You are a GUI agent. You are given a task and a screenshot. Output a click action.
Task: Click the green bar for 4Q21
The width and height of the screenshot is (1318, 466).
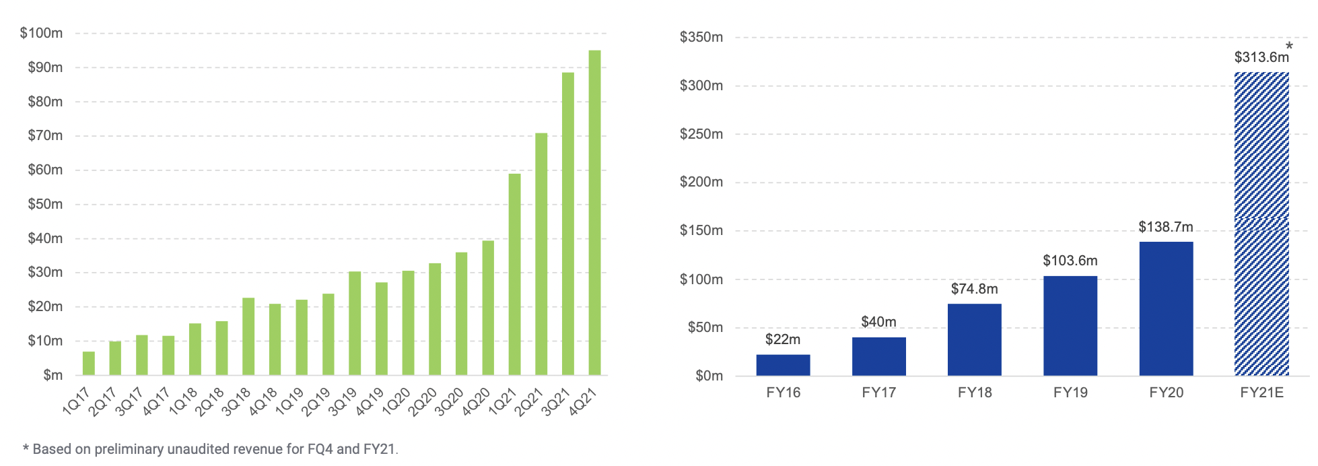tap(594, 212)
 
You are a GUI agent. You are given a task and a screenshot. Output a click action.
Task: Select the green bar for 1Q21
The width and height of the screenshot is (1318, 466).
tap(514, 274)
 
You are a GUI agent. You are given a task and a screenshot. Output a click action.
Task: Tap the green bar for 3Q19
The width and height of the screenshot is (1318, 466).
tap(355, 323)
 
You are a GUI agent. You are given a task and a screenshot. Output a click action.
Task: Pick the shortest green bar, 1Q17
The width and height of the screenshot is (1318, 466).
tap(89, 364)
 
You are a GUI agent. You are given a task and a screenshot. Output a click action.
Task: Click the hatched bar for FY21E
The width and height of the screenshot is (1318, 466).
tap(1261, 224)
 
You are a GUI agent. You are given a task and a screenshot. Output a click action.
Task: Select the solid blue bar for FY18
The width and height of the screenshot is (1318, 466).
tap(974, 339)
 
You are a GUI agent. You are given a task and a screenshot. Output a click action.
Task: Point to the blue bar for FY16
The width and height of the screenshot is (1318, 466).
tap(783, 365)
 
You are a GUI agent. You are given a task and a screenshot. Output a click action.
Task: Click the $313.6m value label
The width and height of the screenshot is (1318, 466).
tap(1261, 57)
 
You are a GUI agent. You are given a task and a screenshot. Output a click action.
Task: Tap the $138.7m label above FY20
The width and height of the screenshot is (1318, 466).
tap(1165, 227)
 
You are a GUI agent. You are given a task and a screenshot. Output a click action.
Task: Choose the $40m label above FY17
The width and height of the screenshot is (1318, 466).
tap(878, 322)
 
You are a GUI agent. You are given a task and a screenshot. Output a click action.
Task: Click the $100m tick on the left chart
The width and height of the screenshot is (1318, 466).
tap(41, 33)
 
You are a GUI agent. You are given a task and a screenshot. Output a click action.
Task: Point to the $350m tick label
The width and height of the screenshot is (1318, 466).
tap(701, 37)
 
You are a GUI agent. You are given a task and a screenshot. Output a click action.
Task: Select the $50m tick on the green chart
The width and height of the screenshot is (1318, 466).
tap(44, 204)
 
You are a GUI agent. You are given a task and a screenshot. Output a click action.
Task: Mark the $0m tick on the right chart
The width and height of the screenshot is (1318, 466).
tap(709, 376)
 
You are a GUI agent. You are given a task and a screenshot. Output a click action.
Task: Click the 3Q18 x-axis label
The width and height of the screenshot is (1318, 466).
tap(236, 401)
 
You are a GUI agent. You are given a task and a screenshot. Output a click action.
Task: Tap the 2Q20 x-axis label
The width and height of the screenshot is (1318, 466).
tap(423, 402)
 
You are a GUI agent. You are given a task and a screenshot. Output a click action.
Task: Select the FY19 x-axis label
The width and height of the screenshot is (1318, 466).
tap(1070, 393)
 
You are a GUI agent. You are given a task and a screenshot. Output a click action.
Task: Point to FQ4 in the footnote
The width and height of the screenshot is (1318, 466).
tap(320, 449)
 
